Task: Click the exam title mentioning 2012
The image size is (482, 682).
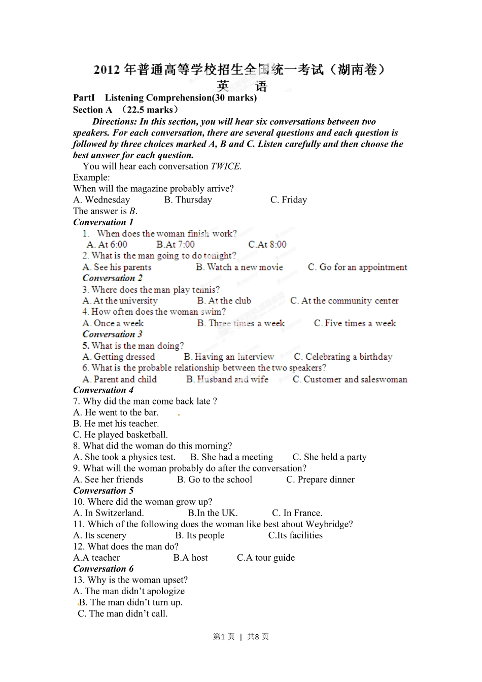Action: pos(239,70)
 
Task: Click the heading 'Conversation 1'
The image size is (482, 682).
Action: pos(103,222)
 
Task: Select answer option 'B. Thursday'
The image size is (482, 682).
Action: pos(188,200)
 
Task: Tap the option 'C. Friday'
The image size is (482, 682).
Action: pos(288,200)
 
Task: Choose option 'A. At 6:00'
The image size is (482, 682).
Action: pos(107,245)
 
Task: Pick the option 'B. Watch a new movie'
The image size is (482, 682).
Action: pos(239,267)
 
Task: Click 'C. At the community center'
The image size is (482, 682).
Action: pos(344,301)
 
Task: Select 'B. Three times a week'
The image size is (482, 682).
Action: pos(241,323)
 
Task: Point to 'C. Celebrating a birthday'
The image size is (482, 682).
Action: pos(343,357)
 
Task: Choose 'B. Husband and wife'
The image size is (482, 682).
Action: pos(227,379)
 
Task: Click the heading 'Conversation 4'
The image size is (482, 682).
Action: pos(103,390)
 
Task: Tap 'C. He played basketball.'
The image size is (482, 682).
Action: pos(120,435)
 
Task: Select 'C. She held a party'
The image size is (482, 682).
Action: pos(329,457)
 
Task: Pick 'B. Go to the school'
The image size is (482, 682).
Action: pos(215,480)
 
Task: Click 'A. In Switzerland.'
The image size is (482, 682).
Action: pos(109,513)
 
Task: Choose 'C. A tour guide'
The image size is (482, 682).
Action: pos(266,558)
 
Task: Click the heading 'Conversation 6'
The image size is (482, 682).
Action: pos(103,569)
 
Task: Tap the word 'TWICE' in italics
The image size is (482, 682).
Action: pos(226,166)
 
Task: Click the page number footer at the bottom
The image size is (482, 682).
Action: pos(241,637)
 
